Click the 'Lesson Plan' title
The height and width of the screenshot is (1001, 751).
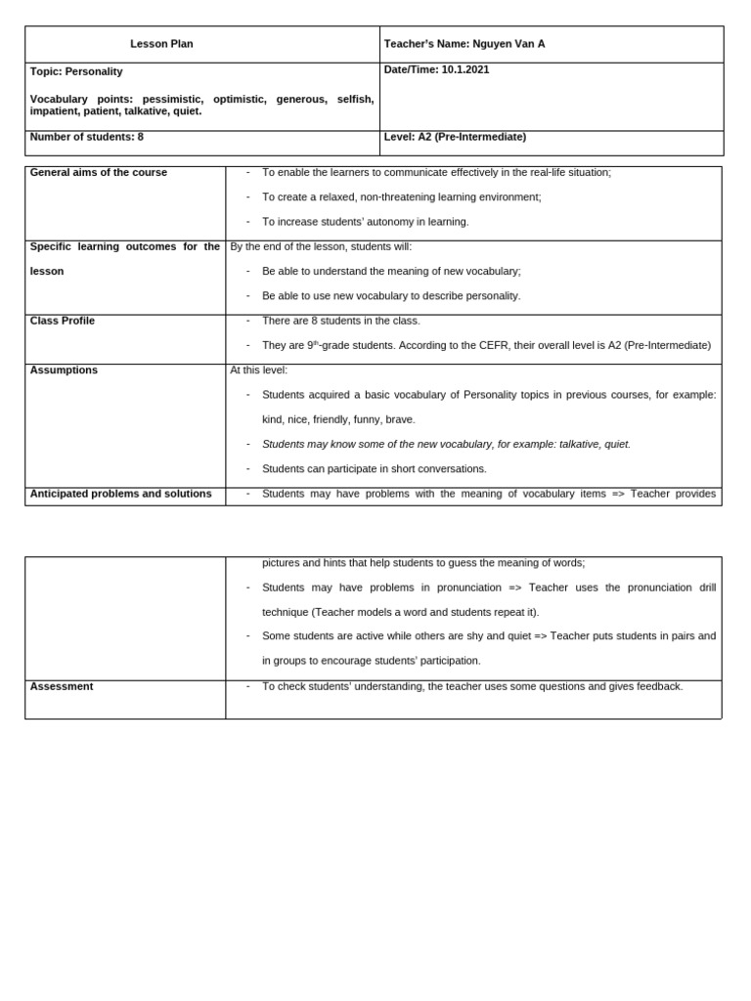[161, 44]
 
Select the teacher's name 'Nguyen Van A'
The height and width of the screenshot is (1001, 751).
[508, 44]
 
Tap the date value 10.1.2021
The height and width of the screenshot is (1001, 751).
[465, 69]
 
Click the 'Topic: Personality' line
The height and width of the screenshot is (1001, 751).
[76, 71]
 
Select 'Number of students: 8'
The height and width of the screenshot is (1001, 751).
[86, 137]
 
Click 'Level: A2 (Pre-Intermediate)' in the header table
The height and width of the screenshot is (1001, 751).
[455, 137]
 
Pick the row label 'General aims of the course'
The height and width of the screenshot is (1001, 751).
[98, 172]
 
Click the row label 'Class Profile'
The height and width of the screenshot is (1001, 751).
[63, 321]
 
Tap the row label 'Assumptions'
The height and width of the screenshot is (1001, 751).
[64, 370]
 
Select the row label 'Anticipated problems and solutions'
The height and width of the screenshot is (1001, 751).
[120, 494]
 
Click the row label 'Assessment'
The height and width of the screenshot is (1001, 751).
[62, 686]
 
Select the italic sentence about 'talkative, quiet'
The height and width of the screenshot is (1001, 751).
[446, 444]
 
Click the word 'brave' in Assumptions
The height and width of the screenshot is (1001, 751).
[400, 419]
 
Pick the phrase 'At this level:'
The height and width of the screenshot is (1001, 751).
[259, 370]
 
